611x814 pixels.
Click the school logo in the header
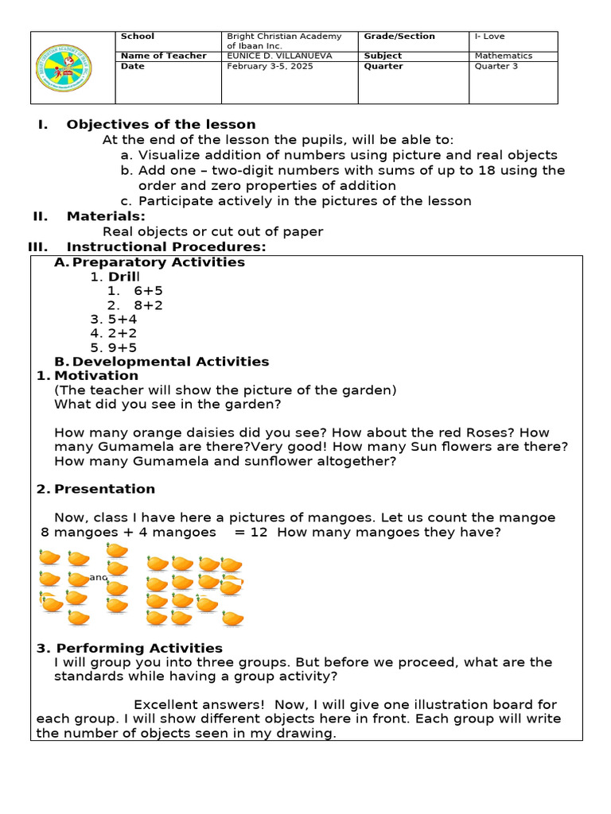tap(64, 67)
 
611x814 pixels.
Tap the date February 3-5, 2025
tap(259, 66)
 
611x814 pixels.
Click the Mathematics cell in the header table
tap(503, 56)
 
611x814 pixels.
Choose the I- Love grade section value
tap(489, 37)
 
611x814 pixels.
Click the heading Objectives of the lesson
tap(161, 124)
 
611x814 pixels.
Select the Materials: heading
tap(106, 216)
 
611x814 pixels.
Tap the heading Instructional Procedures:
tap(165, 247)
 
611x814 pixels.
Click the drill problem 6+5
tap(148, 291)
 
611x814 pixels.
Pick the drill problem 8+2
tap(148, 305)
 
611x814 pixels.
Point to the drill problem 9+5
tap(123, 347)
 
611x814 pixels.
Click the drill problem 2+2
tap(123, 333)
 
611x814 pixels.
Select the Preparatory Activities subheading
tap(158, 262)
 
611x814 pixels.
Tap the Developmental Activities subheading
tap(170, 362)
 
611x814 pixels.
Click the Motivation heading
tap(95, 375)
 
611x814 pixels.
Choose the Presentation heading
tap(104, 489)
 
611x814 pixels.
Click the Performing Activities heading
tap(139, 648)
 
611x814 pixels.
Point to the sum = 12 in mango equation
tap(251, 532)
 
